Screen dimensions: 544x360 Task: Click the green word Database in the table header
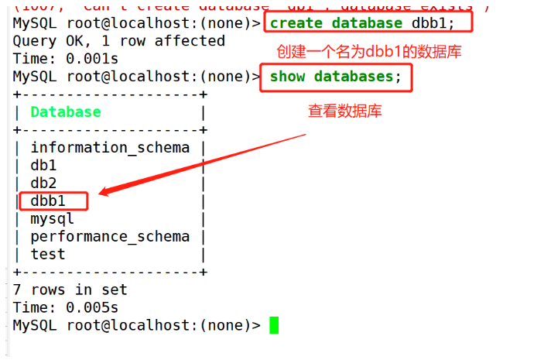click(x=66, y=112)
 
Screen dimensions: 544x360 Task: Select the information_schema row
click(x=110, y=148)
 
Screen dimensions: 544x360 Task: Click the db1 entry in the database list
click(x=43, y=166)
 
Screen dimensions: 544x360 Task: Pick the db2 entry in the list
click(x=43, y=183)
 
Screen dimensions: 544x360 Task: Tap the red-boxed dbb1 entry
click(x=48, y=201)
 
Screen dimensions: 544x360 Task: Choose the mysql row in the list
click(x=52, y=219)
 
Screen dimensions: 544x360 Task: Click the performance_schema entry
click(x=110, y=237)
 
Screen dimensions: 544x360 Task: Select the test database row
click(x=48, y=255)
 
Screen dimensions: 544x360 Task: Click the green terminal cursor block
click(x=273, y=326)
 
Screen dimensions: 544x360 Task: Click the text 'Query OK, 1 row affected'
click(x=119, y=41)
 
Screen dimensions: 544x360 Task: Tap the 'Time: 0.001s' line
click(x=66, y=59)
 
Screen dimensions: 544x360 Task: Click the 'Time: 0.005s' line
click(x=66, y=308)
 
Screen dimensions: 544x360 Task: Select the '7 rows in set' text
click(x=70, y=290)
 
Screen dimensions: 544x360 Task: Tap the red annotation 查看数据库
click(x=345, y=111)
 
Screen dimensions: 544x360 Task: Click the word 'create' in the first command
click(x=296, y=23)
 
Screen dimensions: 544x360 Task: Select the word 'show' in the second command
click(x=287, y=77)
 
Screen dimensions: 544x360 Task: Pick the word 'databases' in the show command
click(x=354, y=77)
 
